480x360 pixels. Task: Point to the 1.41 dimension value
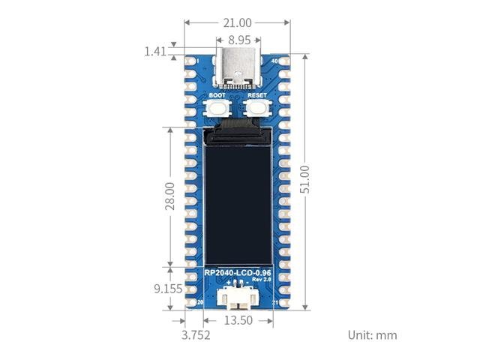tap(155, 52)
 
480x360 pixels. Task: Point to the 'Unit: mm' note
tap(372, 334)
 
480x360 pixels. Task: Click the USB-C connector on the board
tap(237, 67)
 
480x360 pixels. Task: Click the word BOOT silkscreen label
tap(217, 96)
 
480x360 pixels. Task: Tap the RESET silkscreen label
tap(256, 96)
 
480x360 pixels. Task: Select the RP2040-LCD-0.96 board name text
tap(237, 272)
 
